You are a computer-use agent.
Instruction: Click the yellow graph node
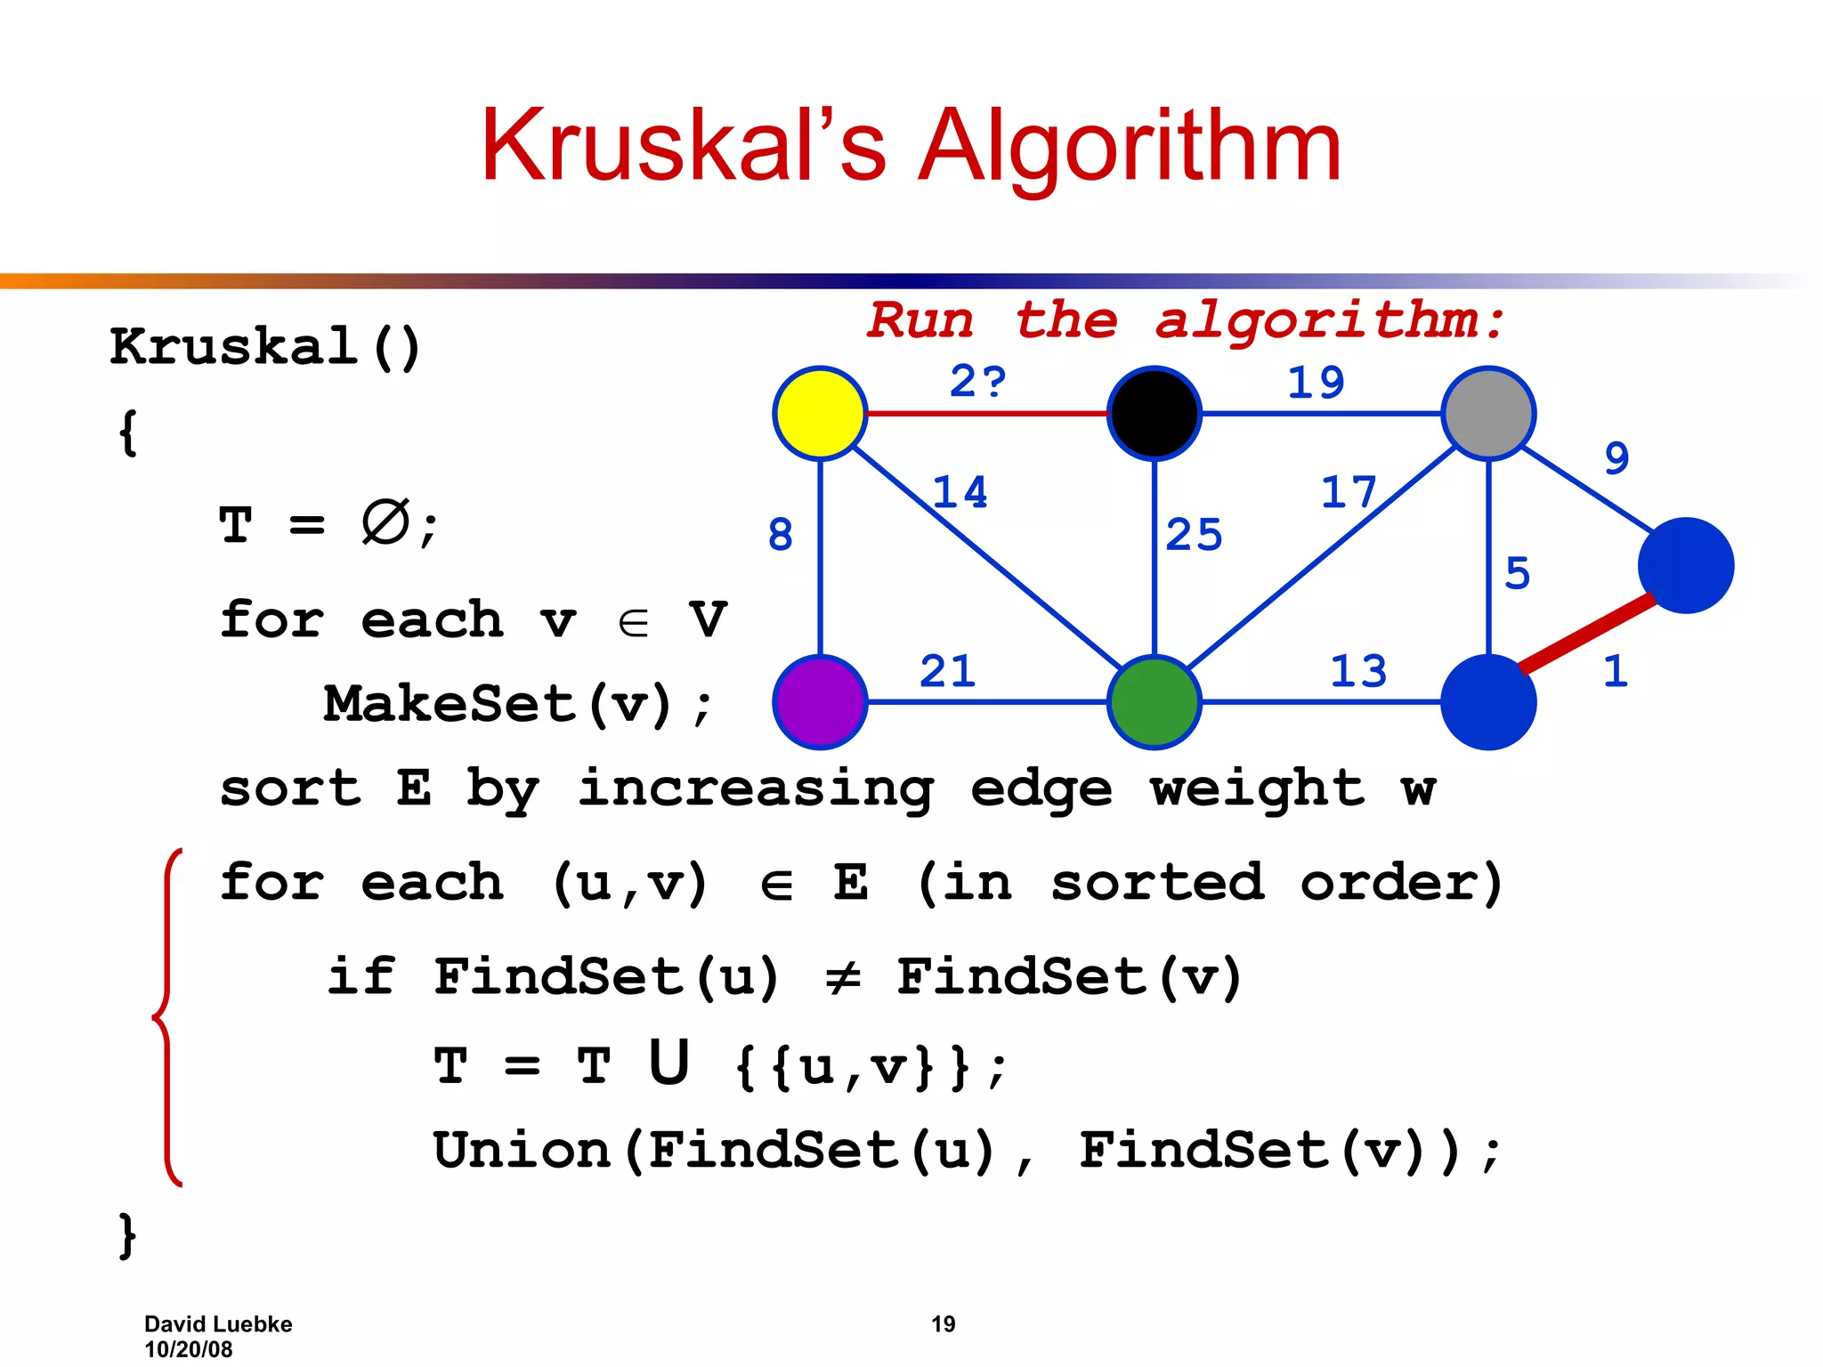[820, 413]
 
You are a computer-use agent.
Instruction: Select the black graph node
[1155, 413]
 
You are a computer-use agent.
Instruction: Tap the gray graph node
[1488, 413]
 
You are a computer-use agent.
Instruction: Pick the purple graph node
[820, 702]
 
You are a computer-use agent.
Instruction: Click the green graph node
[1155, 702]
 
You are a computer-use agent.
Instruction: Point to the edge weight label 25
[1194, 535]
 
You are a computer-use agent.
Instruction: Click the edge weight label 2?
[977, 382]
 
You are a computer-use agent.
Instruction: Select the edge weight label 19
[1316, 383]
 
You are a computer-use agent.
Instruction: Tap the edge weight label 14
[960, 492]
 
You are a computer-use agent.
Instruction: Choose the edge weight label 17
[1348, 492]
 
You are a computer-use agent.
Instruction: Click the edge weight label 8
[780, 535]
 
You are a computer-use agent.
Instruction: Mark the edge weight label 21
[947, 671]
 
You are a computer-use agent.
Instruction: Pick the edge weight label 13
[1358, 671]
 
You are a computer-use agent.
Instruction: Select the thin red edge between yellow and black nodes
[986, 414]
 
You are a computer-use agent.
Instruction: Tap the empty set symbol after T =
[385, 522]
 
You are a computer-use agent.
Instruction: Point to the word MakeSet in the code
[450, 704]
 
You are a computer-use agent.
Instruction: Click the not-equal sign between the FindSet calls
[841, 977]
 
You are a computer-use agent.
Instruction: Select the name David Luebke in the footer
[218, 1324]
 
